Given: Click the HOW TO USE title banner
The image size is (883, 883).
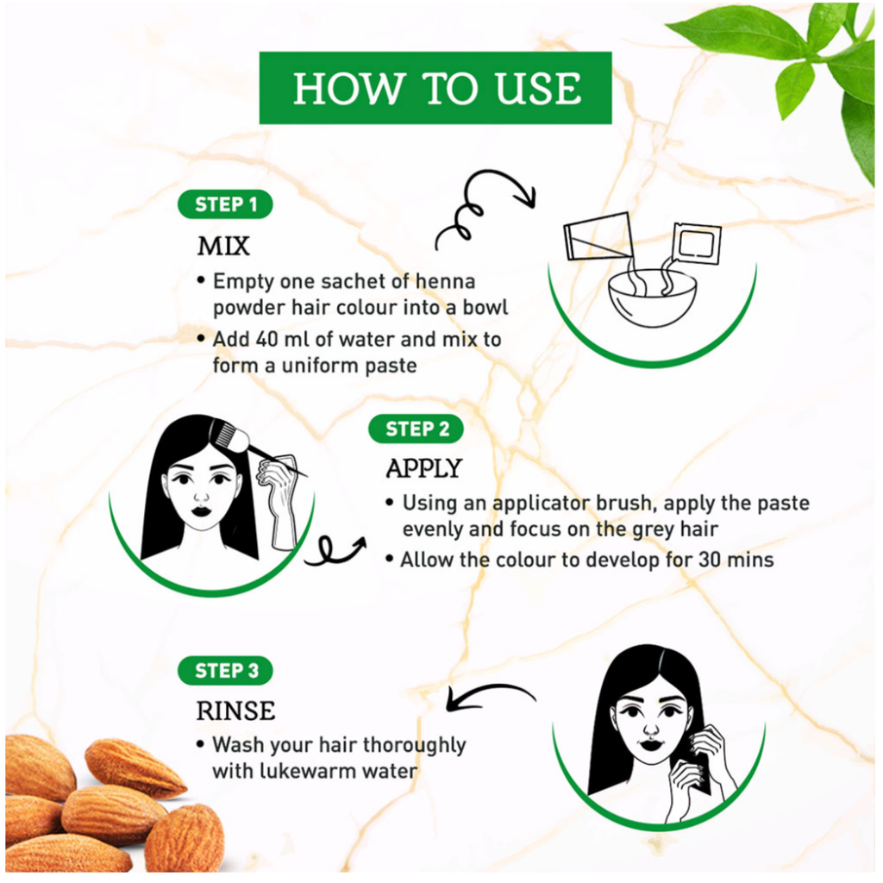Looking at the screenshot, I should [x=435, y=88].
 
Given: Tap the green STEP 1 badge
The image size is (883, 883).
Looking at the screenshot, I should [x=226, y=204].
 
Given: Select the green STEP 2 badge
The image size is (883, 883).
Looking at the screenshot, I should [x=417, y=429].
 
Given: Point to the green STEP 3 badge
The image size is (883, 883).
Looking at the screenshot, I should [x=226, y=670].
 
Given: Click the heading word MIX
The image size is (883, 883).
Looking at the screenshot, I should [x=223, y=247].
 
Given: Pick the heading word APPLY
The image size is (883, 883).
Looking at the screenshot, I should [x=423, y=469].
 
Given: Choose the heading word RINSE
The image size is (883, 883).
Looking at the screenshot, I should [x=235, y=711].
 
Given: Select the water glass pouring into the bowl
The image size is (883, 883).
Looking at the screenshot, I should [x=596, y=235].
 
